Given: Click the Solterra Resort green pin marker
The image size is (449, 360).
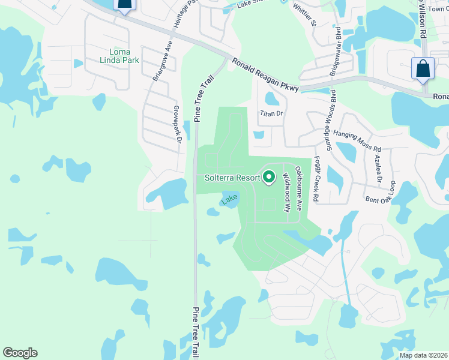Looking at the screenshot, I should [x=269, y=177].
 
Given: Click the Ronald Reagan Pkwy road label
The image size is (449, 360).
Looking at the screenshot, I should [x=265, y=75].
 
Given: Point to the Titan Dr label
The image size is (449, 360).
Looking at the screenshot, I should [x=271, y=112].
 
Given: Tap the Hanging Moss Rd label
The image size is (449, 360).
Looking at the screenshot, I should [x=357, y=141].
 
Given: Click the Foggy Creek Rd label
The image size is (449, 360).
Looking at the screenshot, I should [x=316, y=179].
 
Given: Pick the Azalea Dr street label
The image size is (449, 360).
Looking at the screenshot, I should [x=377, y=168].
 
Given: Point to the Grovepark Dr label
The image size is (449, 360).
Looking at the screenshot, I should [x=177, y=125].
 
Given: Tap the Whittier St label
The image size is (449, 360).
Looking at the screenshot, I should [x=304, y=14].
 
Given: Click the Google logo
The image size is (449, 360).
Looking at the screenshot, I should [x=20, y=353].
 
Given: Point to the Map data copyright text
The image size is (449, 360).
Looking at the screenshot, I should [x=423, y=355].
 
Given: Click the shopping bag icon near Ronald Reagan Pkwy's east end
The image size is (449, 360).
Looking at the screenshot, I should [x=423, y=69].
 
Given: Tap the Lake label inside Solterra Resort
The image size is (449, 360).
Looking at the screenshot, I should [x=229, y=200].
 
